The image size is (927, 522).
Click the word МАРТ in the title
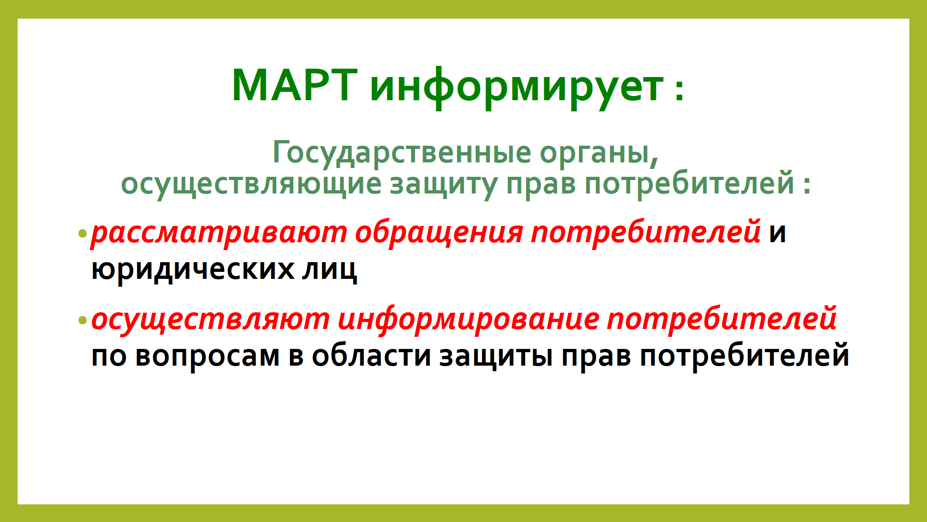294,85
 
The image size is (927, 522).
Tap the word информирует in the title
517,88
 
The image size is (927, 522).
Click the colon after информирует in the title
679,89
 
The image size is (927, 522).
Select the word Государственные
402,153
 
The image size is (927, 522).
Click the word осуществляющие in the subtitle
251,184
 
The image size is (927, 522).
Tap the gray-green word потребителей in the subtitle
689,182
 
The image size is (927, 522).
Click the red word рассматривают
219,233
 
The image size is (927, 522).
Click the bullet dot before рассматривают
83,233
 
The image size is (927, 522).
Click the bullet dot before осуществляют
83,320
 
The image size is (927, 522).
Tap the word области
371,355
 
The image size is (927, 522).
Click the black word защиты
496,357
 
